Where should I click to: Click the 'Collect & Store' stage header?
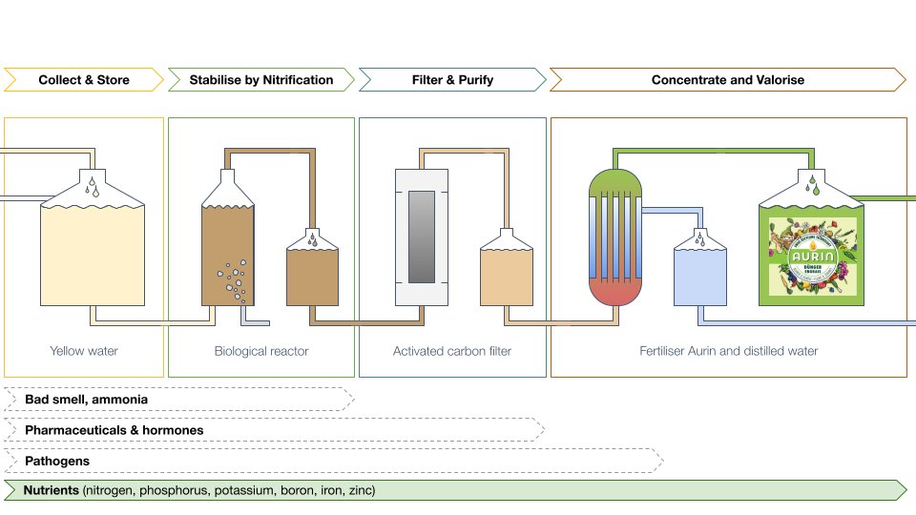click(x=84, y=80)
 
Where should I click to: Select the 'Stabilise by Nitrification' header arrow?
click(x=261, y=80)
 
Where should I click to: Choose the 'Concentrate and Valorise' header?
click(x=727, y=80)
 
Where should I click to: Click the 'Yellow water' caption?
click(x=84, y=351)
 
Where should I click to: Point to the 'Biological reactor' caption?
click(x=261, y=351)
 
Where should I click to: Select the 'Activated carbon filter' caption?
click(x=452, y=351)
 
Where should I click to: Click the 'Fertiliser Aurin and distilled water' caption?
click(x=728, y=351)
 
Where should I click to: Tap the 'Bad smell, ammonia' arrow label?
click(x=86, y=399)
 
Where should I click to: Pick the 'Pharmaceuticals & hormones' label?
click(x=114, y=430)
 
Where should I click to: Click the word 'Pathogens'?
click(x=57, y=461)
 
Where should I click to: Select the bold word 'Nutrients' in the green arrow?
click(x=52, y=491)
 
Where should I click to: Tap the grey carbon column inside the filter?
click(x=421, y=237)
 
